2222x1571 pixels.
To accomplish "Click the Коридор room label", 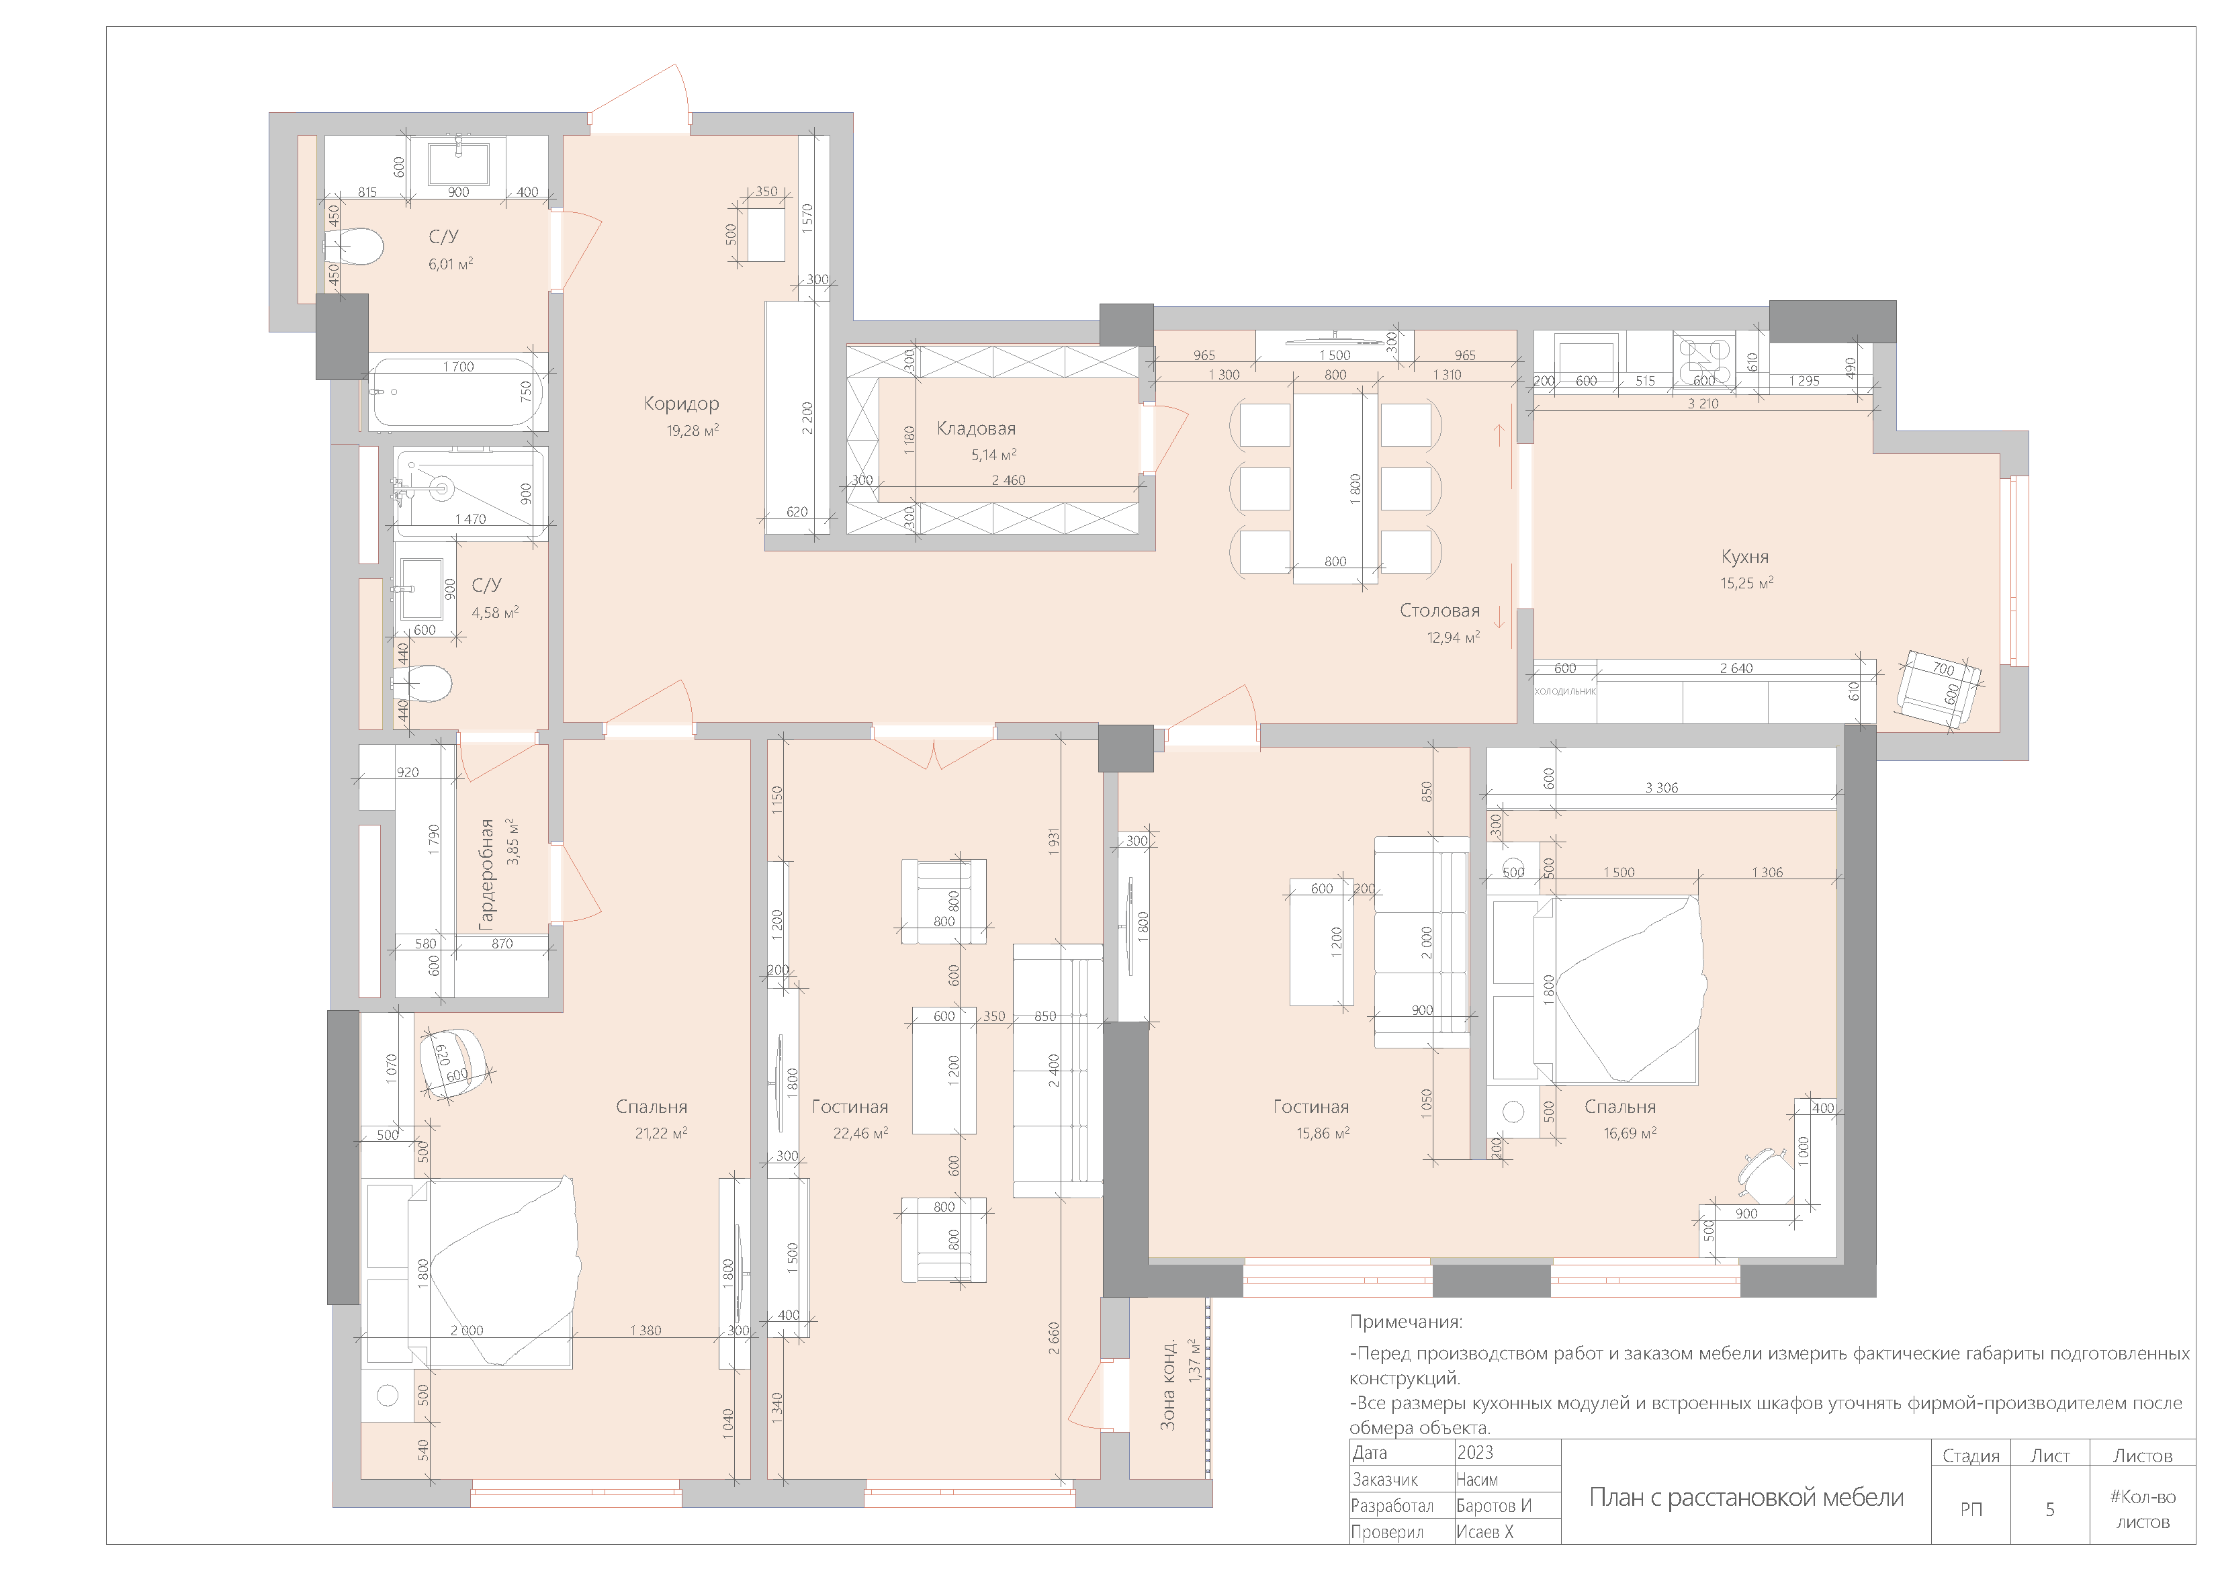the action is click(681, 404).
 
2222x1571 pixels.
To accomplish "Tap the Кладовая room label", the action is click(977, 429).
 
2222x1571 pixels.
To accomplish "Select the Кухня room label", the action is click(1745, 557).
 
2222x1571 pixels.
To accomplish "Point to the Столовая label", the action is click(1440, 611).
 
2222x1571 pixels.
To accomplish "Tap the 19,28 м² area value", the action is click(693, 431).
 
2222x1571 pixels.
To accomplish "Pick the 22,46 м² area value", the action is click(860, 1132).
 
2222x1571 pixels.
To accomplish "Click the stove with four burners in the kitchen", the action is click(1704, 360).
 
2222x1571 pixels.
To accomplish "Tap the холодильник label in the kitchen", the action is click(1565, 691).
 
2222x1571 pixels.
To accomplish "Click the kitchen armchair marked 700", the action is click(1939, 686).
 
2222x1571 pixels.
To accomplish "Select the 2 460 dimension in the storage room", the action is click(1008, 480).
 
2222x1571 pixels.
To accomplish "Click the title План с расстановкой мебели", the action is click(1746, 1497).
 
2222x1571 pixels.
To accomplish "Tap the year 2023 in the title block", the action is click(1475, 1452).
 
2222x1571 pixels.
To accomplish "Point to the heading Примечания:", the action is click(1406, 1322).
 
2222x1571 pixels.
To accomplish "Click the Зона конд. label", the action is click(1168, 1385).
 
